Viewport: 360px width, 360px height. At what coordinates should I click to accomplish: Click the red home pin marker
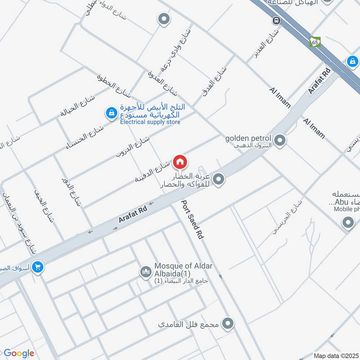click(180, 162)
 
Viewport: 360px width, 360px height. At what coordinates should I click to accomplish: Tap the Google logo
click(18, 353)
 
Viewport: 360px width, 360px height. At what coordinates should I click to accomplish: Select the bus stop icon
click(275, 21)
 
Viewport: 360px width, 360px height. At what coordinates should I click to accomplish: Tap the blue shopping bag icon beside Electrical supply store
click(111, 114)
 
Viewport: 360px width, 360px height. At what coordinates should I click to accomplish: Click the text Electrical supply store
click(150, 122)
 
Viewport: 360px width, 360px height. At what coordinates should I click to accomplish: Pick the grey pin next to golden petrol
click(280, 141)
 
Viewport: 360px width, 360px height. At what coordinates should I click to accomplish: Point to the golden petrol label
click(248, 138)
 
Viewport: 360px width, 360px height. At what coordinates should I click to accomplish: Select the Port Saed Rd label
click(193, 219)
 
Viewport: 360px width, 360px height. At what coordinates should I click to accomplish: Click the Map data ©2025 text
click(335, 356)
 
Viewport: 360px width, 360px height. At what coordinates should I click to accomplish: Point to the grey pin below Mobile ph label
click(348, 222)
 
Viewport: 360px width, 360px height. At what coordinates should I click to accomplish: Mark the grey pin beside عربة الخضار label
click(219, 180)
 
